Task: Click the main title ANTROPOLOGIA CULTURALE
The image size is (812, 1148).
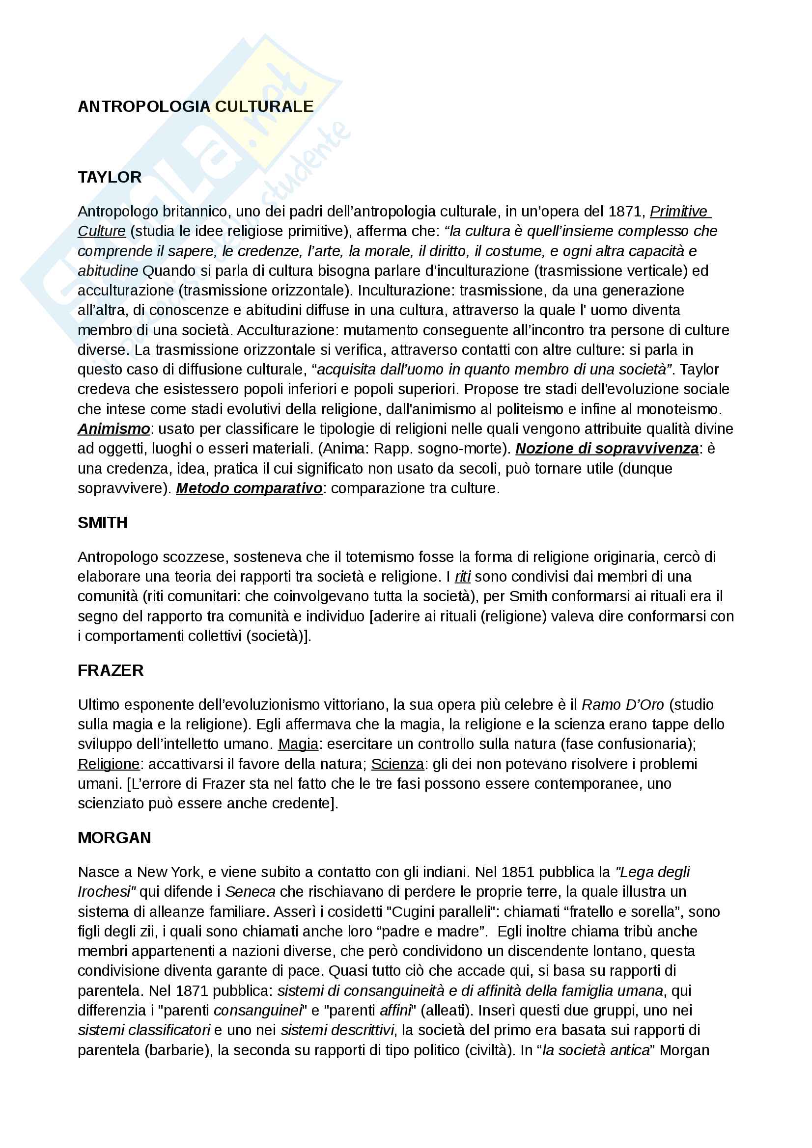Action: click(196, 107)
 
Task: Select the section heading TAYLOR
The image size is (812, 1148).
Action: click(110, 177)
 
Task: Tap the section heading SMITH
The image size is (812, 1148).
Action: click(103, 523)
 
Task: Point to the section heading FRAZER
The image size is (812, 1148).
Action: click(111, 670)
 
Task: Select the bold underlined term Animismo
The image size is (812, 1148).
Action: click(113, 429)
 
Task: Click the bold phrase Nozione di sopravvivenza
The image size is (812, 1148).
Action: click(607, 449)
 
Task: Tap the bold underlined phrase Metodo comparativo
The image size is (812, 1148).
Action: click(249, 488)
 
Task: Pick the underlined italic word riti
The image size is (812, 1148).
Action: click(462, 577)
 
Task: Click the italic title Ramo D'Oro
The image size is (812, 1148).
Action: click(622, 704)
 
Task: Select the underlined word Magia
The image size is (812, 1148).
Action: click(298, 744)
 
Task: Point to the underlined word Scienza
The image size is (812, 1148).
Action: click(397, 764)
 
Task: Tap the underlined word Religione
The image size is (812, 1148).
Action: click(109, 764)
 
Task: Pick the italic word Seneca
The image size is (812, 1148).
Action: click(250, 891)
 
